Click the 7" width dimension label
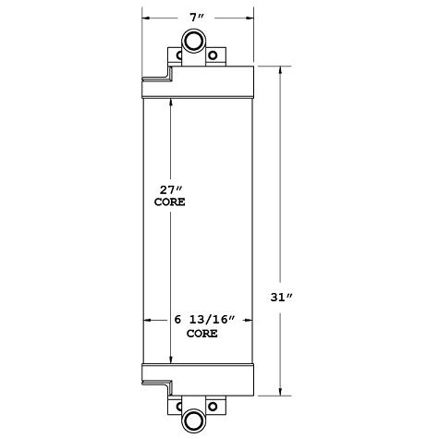pos(196,18)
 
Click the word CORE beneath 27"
pos(170,202)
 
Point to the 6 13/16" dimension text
pos(206,320)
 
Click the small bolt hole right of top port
pos(214,55)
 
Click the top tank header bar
pos(197,80)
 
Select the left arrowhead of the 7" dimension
pos(145,18)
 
